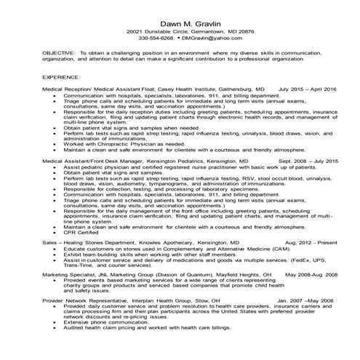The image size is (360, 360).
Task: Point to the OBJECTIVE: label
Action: click(57, 54)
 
